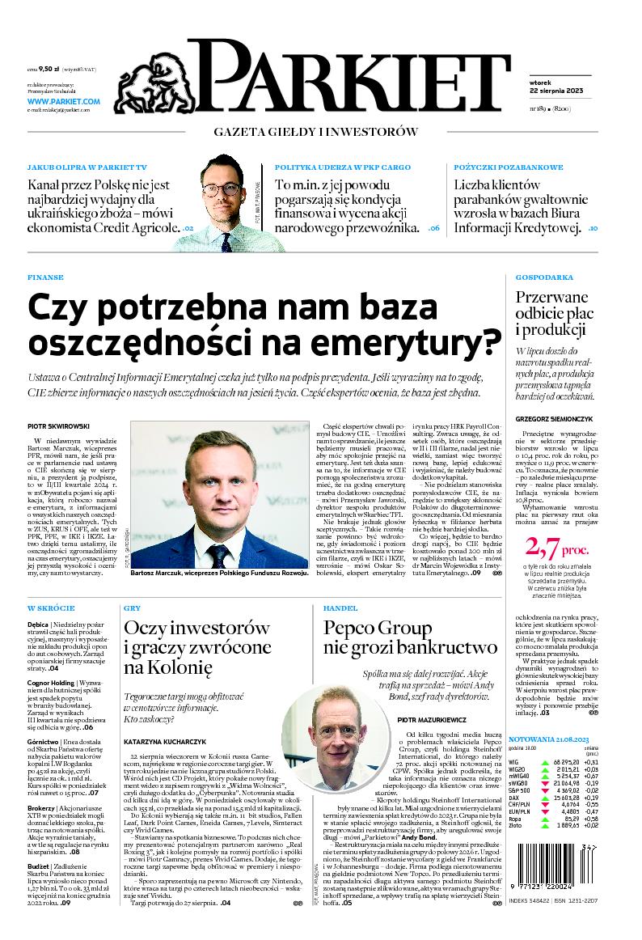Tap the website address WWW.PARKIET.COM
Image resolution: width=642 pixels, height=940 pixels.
pos(63,102)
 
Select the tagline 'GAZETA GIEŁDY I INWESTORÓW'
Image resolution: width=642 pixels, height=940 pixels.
pos(315,131)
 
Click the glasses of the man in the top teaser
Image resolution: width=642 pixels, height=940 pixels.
pos(221,191)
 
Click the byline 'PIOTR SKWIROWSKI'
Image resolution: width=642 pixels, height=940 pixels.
pos(58,426)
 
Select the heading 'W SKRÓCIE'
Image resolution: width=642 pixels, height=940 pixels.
pos(51,608)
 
